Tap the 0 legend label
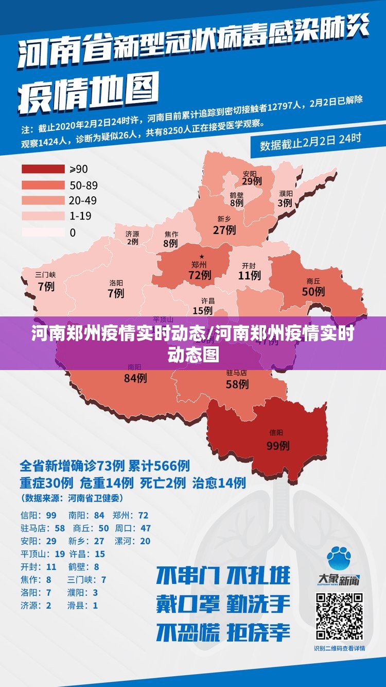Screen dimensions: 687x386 73,232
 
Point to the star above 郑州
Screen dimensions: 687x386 202,256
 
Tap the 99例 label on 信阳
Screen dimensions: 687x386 277,446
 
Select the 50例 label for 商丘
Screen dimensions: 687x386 313,291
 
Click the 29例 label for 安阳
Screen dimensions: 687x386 252,181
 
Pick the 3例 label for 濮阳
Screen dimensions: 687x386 285,203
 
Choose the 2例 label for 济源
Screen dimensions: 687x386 132,241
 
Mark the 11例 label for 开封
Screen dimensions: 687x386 249,276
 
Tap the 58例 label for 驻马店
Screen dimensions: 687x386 237,384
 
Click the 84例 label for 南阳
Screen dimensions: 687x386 135,378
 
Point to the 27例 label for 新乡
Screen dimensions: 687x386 224,229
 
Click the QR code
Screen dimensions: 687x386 339,616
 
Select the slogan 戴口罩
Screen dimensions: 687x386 188,603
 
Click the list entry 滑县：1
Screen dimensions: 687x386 82,606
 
